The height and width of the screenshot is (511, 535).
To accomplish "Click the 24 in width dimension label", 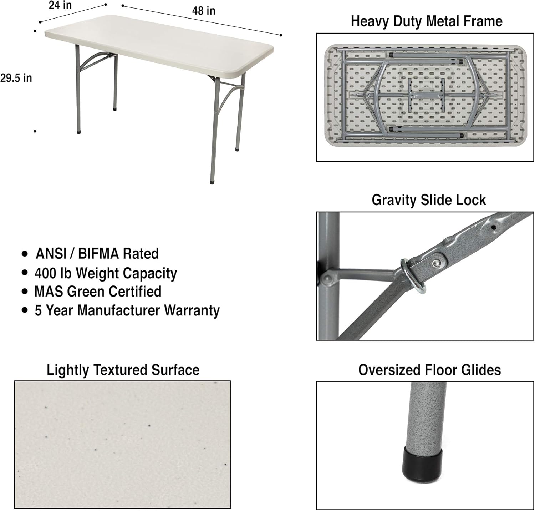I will pos(60,6).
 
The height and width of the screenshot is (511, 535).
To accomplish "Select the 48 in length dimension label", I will pos(204,11).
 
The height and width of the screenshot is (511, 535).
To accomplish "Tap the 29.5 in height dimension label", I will pos(16,78).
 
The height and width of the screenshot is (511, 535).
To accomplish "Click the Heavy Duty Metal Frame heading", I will pos(427,21).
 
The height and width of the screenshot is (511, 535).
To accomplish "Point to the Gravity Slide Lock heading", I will pos(428,200).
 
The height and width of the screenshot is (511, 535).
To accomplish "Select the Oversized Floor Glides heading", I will pos(429,370).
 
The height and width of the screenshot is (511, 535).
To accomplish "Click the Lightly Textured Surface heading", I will pos(123,370).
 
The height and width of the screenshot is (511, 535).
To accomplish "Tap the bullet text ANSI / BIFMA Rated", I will pos(97,254).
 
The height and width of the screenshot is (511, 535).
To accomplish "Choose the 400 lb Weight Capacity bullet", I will pos(106,273).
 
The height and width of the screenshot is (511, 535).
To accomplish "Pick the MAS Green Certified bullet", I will pos(98,292).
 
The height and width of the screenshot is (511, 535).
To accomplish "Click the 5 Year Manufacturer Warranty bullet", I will pos(127,310).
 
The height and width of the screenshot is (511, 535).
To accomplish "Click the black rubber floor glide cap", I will pos(422,464).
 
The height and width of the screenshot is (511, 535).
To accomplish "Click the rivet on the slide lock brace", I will pos(435,263).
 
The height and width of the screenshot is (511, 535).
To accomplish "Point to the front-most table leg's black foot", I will pos(213,182).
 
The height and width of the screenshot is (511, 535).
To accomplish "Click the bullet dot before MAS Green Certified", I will pos(25,292).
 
